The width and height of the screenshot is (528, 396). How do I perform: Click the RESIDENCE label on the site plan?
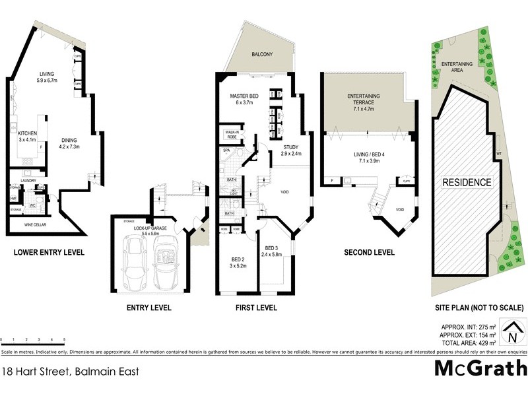(x=466, y=182)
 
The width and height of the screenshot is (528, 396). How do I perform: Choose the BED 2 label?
(x=238, y=259)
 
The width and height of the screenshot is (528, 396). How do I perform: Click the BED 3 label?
(x=271, y=247)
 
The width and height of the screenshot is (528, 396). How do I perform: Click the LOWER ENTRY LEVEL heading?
(x=48, y=252)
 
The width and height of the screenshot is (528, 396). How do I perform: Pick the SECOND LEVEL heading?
(x=369, y=252)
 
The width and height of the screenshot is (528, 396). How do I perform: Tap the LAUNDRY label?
(x=28, y=180)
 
